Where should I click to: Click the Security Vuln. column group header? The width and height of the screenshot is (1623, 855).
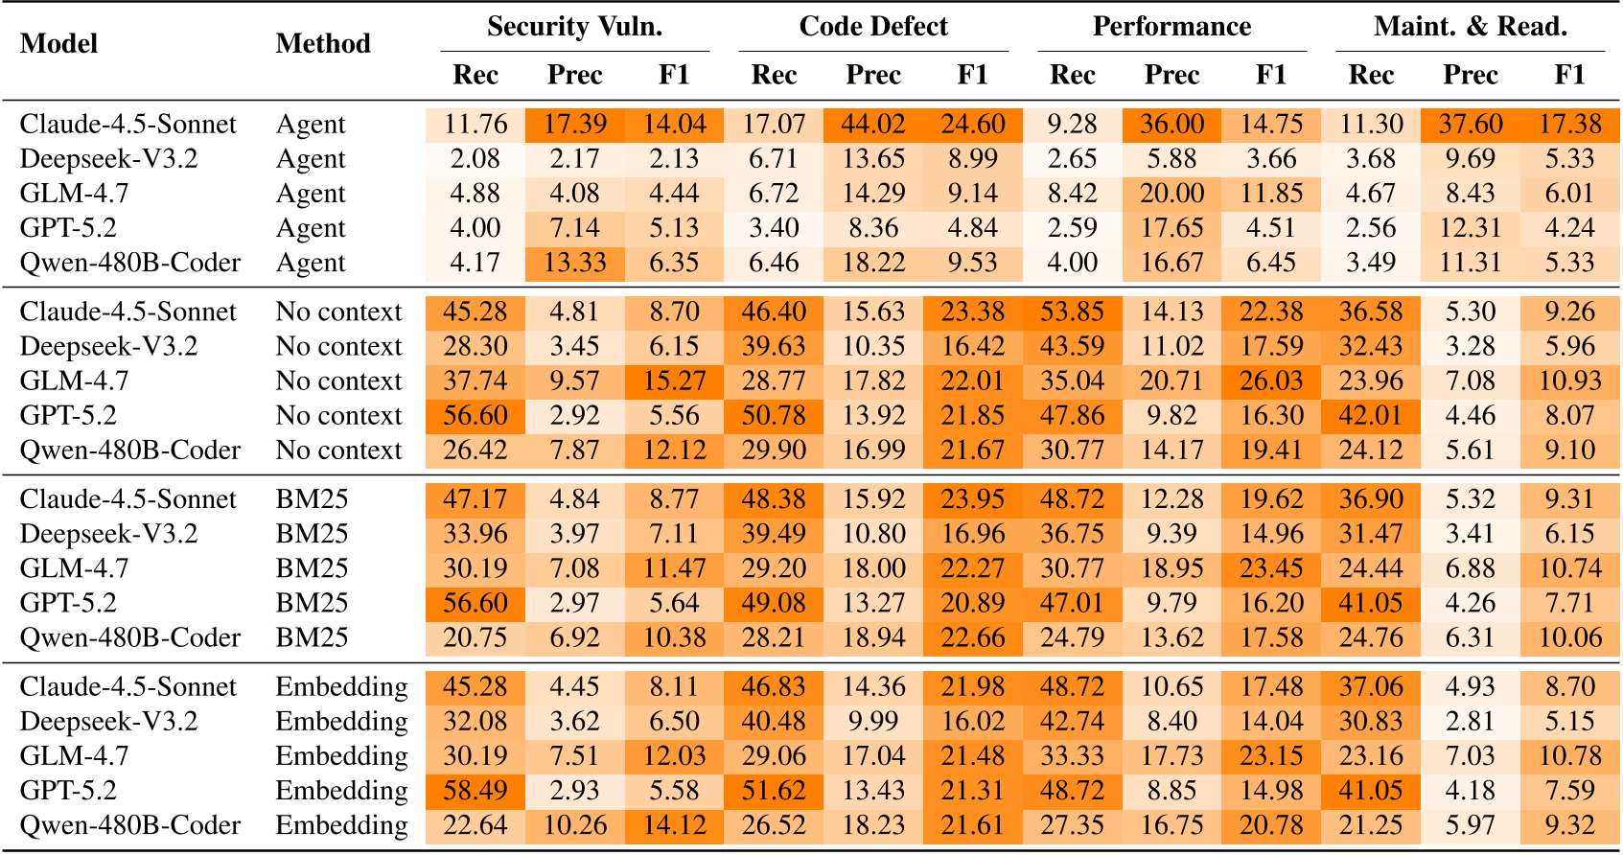(x=574, y=27)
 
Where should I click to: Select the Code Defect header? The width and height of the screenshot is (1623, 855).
(x=873, y=27)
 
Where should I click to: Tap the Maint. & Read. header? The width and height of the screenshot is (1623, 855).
(x=1470, y=27)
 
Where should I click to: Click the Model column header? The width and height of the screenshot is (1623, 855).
(x=59, y=44)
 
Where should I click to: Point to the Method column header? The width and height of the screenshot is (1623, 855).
(x=323, y=44)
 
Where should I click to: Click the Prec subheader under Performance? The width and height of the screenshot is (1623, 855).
(x=1171, y=75)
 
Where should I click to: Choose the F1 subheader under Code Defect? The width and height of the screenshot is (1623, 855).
(x=972, y=75)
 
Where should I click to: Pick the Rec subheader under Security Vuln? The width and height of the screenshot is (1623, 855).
(x=475, y=75)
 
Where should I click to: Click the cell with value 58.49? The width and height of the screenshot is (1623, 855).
(x=475, y=791)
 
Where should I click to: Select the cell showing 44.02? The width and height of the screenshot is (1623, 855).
(x=873, y=125)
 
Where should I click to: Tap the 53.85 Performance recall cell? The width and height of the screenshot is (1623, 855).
(x=1072, y=312)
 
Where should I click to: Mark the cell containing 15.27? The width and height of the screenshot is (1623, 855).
(x=674, y=381)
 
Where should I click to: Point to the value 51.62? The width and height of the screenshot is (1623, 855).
(x=774, y=791)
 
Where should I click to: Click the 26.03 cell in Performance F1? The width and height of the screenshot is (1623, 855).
(x=1271, y=381)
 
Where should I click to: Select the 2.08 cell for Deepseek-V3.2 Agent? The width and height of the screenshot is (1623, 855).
(x=475, y=159)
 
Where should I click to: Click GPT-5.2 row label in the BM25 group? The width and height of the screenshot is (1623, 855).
(x=68, y=603)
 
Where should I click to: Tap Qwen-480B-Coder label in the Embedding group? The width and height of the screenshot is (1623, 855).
(x=130, y=825)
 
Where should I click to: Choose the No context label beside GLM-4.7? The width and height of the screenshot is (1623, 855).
(x=338, y=381)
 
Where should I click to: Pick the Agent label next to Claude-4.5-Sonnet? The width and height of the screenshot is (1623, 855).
(x=311, y=125)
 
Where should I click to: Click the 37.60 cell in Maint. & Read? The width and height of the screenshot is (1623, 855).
(x=1470, y=125)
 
